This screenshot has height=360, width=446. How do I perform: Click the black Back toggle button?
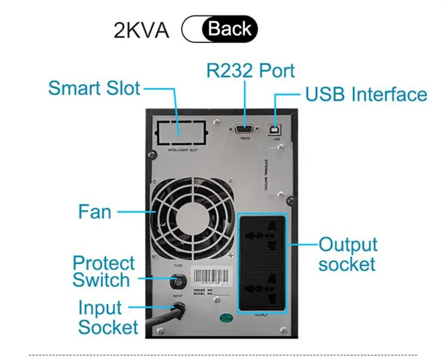pos(229,29)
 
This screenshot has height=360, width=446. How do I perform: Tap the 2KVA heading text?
pos(141,29)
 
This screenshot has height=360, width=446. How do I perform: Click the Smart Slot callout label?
pos(94,88)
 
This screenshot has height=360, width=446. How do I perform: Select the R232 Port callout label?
pos(250,71)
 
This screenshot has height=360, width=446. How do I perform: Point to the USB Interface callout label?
pos(366,94)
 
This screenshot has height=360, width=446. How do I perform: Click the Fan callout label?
pos(94,212)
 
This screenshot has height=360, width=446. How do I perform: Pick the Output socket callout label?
pos(347,254)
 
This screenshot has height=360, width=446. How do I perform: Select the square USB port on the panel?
pos(276,128)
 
